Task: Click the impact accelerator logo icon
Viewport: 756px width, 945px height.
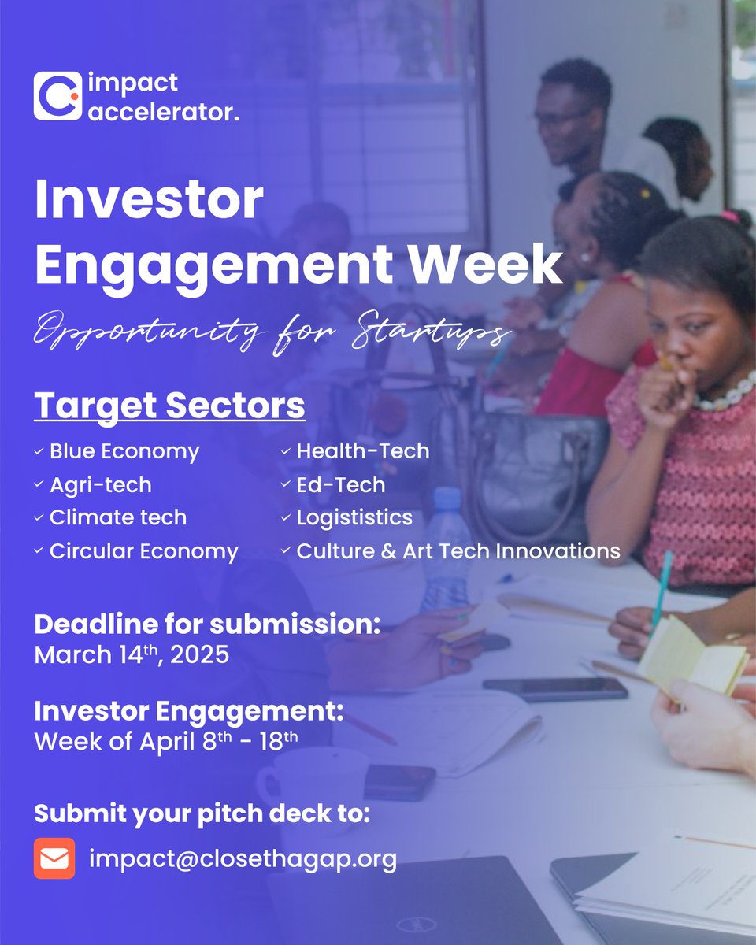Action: coord(57,96)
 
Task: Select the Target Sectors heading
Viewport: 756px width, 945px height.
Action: coord(169,406)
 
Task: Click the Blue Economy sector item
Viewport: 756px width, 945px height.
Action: coord(124,452)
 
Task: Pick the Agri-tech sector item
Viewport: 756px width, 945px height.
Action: coord(100,485)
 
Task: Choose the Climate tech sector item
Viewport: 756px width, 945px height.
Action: coord(117,518)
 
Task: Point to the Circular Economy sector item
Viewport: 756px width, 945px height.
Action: coord(143,551)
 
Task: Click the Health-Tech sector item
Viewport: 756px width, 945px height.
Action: coord(362,452)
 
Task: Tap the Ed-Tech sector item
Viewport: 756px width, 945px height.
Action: coord(340,485)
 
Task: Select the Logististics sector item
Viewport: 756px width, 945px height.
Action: coord(354,518)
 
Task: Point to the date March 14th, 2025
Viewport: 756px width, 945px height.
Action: coord(132,655)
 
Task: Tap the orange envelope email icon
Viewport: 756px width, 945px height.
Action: coord(54,858)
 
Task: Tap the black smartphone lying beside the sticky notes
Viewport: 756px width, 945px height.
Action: coord(555,688)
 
